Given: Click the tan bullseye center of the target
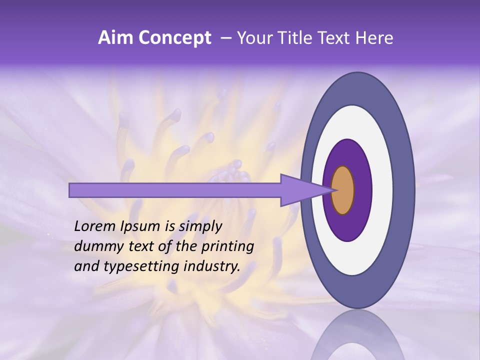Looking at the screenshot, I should click(343, 190).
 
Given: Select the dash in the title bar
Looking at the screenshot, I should click(226, 38).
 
